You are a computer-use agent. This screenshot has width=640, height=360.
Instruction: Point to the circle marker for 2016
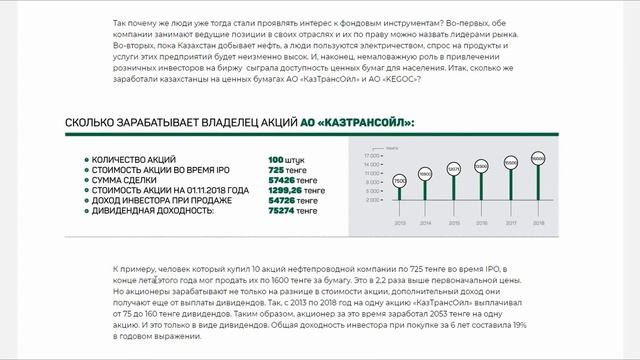482,166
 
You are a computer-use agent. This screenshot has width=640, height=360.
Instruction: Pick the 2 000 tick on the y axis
372,200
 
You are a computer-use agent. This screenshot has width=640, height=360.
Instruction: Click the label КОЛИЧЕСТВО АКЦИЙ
134,160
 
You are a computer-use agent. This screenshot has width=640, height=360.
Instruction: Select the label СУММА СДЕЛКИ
124,180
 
